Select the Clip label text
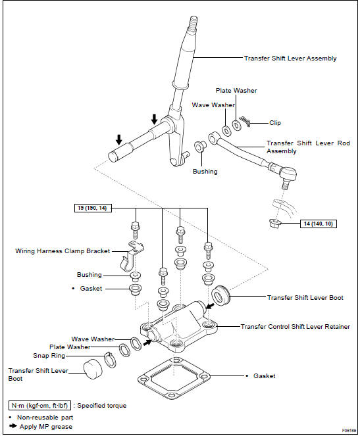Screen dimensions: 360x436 pos(275,123)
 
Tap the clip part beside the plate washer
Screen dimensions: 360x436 pos(245,121)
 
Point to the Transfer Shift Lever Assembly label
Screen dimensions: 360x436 pos(290,59)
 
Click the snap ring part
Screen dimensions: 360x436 pos(110,360)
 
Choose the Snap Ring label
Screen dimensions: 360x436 pos(49,356)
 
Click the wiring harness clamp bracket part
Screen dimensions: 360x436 pos(131,256)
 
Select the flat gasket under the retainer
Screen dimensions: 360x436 pos(174,377)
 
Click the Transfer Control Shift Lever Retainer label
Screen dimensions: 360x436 pos(296,327)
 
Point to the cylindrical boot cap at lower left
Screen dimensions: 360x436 pos(93,369)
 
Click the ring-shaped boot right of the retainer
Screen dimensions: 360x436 pos(220,295)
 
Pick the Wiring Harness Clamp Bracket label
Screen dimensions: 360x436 pos(63,251)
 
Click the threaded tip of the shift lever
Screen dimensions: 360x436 pos(193,21)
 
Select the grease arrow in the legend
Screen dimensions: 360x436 pos(13,425)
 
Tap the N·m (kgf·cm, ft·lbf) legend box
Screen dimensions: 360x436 pos(39,406)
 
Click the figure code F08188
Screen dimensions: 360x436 pos(349,431)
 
